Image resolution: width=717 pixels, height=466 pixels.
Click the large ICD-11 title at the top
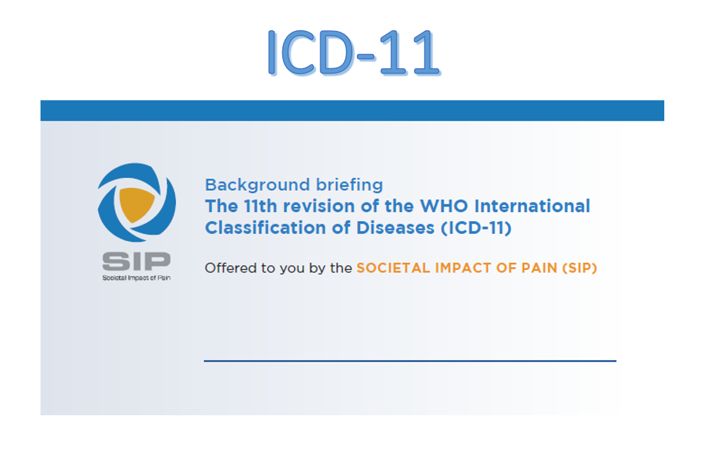(354, 52)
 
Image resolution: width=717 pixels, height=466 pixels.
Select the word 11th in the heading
(260, 206)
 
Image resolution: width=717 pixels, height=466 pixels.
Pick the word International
(532, 206)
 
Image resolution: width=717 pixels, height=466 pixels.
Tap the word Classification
(265, 228)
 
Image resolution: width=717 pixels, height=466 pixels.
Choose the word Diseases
(395, 228)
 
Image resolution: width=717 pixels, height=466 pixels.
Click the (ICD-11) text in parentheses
(476, 228)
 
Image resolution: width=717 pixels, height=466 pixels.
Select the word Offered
(230, 268)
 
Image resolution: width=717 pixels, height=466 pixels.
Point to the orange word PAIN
(539, 268)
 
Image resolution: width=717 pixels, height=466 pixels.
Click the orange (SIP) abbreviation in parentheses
(580, 268)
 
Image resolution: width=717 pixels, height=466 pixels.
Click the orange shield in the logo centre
(136, 204)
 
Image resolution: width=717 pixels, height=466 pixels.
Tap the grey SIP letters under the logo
(136, 261)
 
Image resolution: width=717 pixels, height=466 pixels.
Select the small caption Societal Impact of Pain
(136, 278)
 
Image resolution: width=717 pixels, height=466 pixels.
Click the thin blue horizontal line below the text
(410, 361)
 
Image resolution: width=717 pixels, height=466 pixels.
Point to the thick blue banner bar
(352, 111)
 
